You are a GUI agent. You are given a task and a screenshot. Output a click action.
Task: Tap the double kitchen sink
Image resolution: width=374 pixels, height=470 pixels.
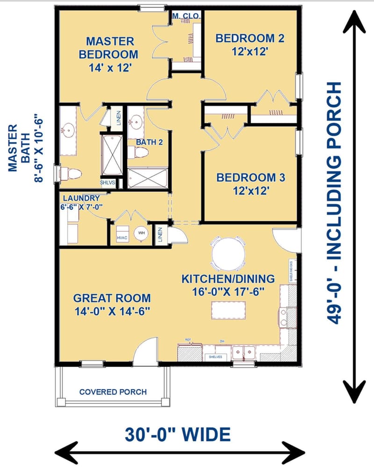(244, 353)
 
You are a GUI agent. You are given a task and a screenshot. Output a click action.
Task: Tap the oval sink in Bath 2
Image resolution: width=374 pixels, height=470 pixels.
(137, 123)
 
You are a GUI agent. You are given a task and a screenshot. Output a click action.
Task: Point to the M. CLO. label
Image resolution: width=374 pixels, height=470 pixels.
(186, 16)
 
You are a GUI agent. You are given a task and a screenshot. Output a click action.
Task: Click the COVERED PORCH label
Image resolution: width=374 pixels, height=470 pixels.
(113, 392)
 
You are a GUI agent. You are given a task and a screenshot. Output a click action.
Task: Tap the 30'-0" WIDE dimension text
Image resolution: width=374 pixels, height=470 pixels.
(178, 434)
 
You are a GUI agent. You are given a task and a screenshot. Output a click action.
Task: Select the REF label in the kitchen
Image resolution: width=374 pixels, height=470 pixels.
(188, 341)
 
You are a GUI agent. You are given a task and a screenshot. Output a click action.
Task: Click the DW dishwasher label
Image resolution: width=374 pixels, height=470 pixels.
(223, 342)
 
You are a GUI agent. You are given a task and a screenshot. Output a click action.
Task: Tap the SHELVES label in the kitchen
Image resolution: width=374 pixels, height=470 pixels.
(215, 356)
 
